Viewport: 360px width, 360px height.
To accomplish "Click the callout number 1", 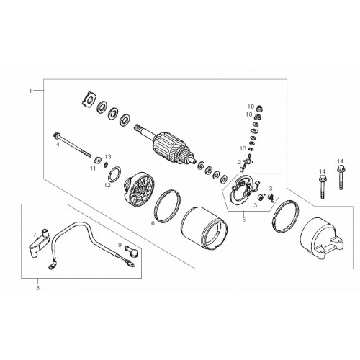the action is (x=30, y=91).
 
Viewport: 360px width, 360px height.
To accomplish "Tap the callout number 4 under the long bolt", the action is (x=58, y=145).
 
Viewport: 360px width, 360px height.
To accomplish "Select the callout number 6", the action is (x=153, y=223).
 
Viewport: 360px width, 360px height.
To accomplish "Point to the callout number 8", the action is (x=38, y=288).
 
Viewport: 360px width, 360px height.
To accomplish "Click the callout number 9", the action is (x=120, y=245).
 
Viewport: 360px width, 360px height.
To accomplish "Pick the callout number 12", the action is (x=107, y=185).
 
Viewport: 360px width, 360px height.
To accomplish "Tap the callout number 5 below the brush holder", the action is (x=244, y=220).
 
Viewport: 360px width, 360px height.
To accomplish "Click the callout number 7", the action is (x=35, y=234).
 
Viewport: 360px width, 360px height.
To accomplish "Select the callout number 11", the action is (x=93, y=168).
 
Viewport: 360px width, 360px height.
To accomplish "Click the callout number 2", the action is (x=239, y=163).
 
